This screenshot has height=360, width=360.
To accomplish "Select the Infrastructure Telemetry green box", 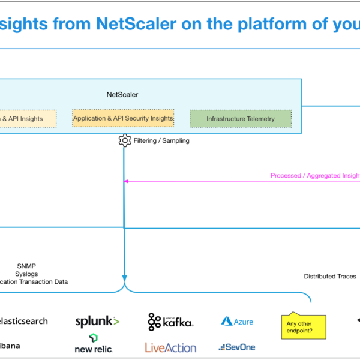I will tap(241, 119).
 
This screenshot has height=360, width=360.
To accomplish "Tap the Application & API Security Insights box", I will tap(123, 118).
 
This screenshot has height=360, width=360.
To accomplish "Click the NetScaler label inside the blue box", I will tap(122, 95).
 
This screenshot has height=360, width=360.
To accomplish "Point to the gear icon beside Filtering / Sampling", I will tap(125, 140).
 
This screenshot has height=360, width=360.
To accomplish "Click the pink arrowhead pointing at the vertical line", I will tap(127, 181).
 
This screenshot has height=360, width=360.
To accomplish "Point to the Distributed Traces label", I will tap(329, 277).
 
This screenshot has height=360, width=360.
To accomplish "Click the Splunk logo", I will tap(97, 322).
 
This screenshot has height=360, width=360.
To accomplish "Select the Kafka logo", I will tap(170, 322).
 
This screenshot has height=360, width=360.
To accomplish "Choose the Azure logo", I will tap(237, 322).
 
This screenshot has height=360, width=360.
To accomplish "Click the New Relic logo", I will tap(93, 343).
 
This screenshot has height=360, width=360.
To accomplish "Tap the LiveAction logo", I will tap(170, 347).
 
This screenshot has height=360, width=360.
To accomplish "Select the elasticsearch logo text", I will tap(24, 321).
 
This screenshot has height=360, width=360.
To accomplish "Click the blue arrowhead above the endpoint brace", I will tap(124, 278).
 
